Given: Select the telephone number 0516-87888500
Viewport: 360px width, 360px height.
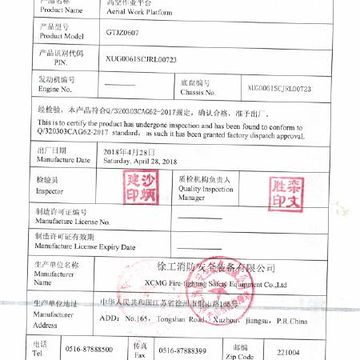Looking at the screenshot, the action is coord(89,350).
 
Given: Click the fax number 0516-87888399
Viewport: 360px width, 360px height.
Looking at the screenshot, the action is coord(182,350).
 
